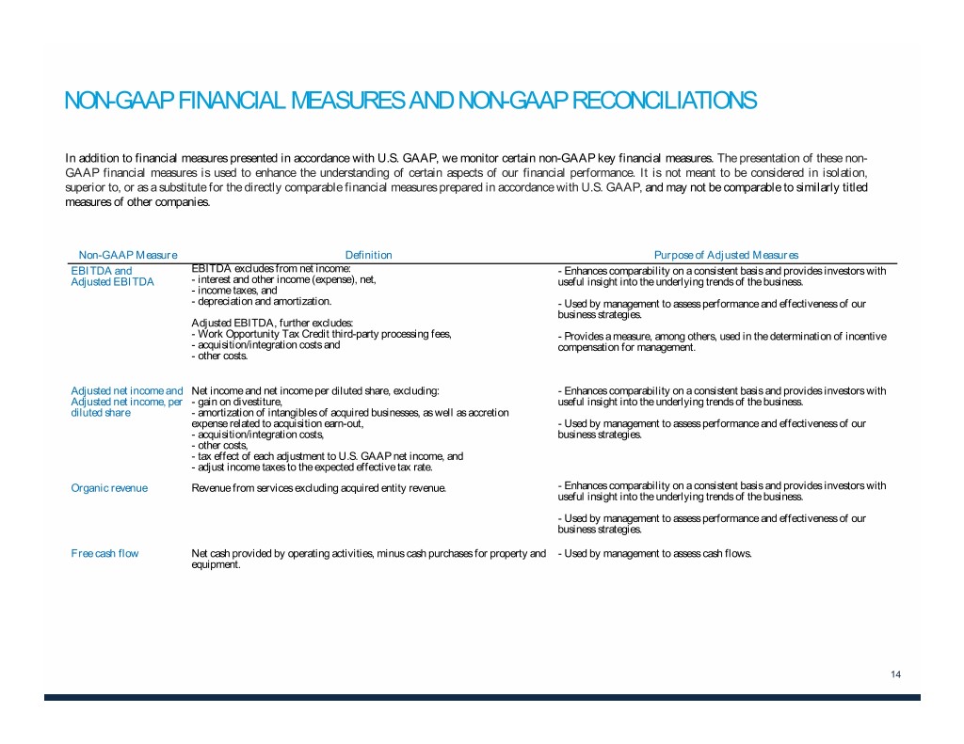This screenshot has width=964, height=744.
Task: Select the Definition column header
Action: coord(368,255)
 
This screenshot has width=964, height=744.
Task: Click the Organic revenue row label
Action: coord(109,487)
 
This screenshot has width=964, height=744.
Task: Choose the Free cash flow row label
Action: coord(104,553)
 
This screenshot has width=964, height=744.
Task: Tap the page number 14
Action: coord(895,674)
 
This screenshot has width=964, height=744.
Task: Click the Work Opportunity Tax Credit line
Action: coord(321,335)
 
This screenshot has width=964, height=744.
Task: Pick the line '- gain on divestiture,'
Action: coord(236,402)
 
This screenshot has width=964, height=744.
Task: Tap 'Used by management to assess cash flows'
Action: coord(655,553)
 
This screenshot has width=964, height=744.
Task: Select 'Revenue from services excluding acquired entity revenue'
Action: coord(318,487)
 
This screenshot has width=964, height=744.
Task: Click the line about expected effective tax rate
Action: coord(312,467)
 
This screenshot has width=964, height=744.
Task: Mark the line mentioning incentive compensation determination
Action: coord(722,337)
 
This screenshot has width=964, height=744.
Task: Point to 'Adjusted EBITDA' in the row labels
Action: coord(112,281)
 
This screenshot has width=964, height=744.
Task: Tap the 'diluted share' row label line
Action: coord(101,412)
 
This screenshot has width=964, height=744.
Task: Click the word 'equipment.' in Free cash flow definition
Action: coord(216,565)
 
